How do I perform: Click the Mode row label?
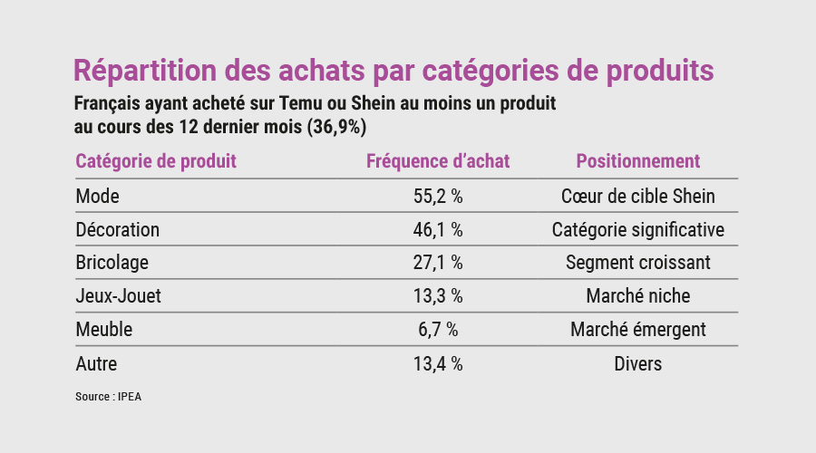coord(98,196)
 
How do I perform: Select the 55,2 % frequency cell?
coord(438,196)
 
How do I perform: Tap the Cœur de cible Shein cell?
coord(638,196)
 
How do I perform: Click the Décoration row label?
coord(118,229)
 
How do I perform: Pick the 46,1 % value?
coord(438,229)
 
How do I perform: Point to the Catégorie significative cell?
coord(638,229)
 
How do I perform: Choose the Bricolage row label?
coord(112,263)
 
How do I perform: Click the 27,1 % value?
coord(438,263)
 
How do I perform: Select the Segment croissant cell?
coord(638,263)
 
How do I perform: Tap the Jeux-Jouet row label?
coord(119,296)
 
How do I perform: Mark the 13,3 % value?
coord(438,296)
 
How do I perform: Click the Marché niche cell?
coord(638,296)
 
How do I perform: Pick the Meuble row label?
coord(104,330)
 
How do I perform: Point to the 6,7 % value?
coord(438,330)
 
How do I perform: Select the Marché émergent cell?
coord(638,330)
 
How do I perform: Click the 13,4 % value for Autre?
coord(438,363)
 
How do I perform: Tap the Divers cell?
coord(638,363)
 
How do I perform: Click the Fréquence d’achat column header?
coord(438,161)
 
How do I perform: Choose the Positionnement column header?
coord(638,161)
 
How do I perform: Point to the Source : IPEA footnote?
coord(109,396)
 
